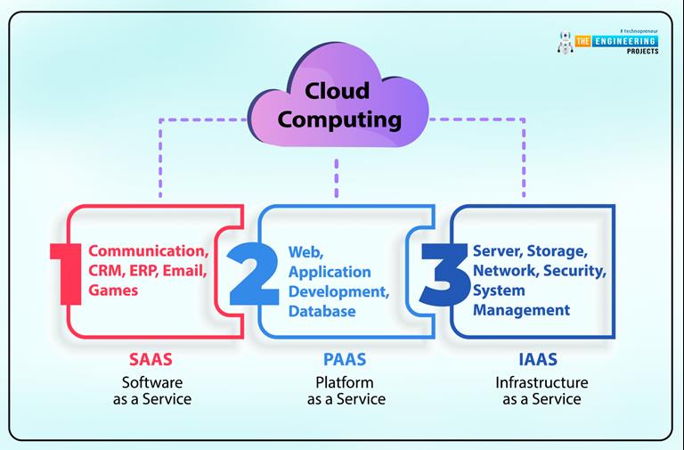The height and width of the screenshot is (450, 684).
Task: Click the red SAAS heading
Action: point(151,360)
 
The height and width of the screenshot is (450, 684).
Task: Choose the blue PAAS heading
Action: point(346,360)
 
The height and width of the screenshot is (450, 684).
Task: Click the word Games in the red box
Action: point(113,290)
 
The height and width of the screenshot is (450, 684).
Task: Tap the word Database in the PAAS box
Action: point(322,311)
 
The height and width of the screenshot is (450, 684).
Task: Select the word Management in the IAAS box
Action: point(521,310)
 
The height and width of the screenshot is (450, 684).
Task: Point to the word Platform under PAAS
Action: point(346,381)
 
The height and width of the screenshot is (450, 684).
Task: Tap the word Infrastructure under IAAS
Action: point(541,381)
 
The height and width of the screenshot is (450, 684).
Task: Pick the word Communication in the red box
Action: point(149,251)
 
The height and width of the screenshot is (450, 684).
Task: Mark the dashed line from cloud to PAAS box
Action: point(338,177)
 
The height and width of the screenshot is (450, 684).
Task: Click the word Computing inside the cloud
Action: point(339,119)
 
